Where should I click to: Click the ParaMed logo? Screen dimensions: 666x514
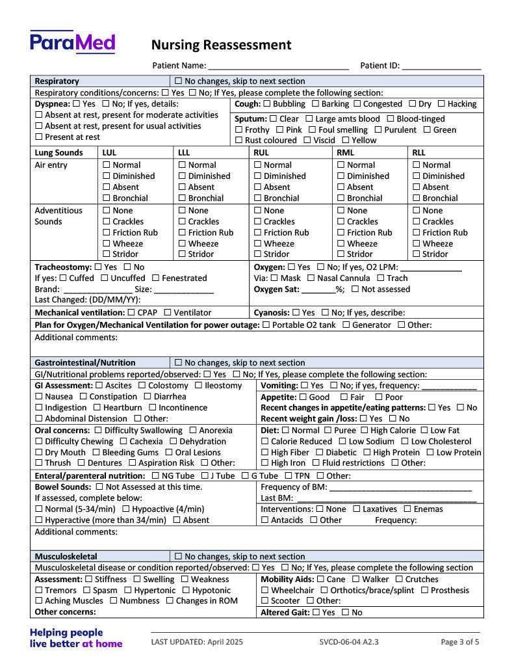click(x=72, y=42)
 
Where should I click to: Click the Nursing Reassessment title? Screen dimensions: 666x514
click(x=221, y=45)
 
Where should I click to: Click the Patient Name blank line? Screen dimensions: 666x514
click(x=278, y=66)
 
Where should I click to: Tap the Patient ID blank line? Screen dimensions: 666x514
click(x=441, y=66)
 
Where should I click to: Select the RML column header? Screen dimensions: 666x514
click(x=346, y=153)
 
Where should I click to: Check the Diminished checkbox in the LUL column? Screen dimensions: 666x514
click(x=107, y=176)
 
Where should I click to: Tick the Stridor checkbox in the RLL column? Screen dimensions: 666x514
click(x=417, y=254)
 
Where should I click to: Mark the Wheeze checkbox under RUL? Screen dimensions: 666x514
click(x=257, y=244)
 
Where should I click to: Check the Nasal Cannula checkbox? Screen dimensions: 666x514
click(x=311, y=278)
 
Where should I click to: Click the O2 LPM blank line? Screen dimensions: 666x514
click(x=431, y=267)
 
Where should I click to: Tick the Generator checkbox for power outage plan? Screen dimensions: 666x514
click(x=346, y=325)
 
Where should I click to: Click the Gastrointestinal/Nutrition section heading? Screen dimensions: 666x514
click(x=85, y=363)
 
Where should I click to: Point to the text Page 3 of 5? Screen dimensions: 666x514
click(x=460, y=642)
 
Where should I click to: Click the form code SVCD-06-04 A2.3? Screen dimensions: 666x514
click(x=349, y=642)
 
